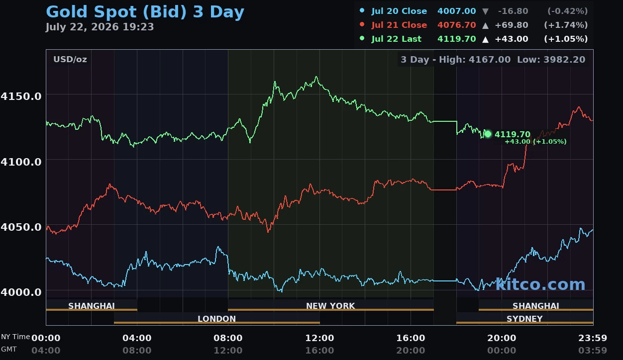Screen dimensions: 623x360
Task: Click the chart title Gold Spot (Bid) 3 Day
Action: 145,12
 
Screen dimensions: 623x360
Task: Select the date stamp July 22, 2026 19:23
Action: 100,27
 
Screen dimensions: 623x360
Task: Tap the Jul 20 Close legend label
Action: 399,11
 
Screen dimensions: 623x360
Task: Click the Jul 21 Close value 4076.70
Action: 457,25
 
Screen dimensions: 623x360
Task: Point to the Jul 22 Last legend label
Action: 396,39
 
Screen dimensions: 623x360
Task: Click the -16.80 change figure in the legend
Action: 513,11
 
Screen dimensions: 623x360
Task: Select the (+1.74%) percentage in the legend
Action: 566,25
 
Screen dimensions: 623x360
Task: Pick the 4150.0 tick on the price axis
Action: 21,96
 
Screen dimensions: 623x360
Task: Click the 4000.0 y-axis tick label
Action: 21,292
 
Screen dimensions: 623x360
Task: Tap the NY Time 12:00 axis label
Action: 319,338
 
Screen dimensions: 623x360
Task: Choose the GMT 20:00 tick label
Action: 411,351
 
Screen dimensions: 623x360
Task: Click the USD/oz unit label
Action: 70,60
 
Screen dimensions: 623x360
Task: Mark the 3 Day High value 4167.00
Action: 490,60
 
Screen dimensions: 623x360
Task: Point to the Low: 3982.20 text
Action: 551,60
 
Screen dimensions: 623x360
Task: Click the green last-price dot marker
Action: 488,134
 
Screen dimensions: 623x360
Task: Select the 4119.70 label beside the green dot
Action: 513,135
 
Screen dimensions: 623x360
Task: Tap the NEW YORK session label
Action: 330,306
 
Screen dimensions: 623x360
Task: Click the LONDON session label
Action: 216,319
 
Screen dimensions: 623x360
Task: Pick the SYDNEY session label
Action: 524,319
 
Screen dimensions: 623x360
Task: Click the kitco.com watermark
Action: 540,284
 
